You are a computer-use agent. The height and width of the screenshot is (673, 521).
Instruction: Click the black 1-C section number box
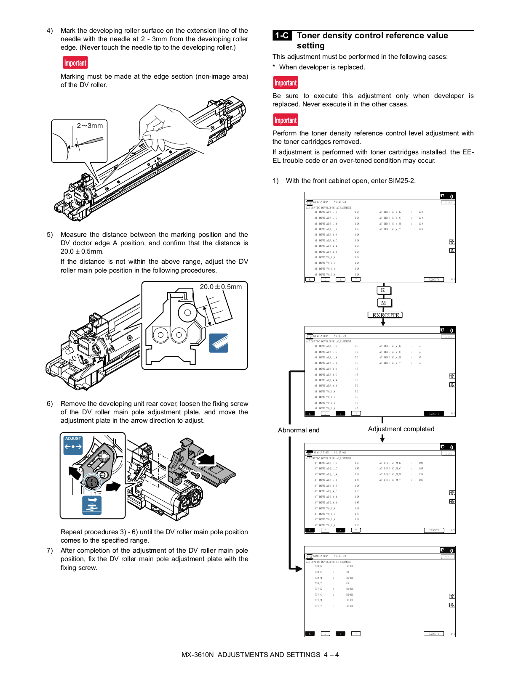(x=282, y=36)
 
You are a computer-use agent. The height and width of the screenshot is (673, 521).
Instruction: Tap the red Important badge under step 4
(x=75, y=63)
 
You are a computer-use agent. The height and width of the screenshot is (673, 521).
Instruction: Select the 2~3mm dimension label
(x=90, y=126)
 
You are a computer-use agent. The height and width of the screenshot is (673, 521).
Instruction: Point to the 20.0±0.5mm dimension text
(x=221, y=287)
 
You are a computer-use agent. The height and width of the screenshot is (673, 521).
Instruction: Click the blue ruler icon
(x=219, y=343)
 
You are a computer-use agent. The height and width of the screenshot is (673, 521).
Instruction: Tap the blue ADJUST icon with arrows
(x=73, y=445)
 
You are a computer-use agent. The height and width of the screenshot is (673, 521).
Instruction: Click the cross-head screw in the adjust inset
(x=92, y=482)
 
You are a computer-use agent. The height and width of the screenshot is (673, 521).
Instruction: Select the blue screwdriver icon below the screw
(x=92, y=505)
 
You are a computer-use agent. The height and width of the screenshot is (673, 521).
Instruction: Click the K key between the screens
(x=383, y=290)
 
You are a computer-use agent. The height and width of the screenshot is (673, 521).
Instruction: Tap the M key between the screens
(x=384, y=302)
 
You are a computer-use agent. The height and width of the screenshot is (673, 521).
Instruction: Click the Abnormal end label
(x=299, y=430)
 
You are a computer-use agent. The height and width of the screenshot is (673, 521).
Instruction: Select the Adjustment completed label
(x=401, y=429)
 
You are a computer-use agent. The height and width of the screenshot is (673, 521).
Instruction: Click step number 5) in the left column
(x=50, y=235)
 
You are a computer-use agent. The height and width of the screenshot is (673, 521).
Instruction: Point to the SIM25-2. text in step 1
(x=402, y=181)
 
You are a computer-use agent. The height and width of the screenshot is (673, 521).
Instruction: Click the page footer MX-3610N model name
(x=198, y=654)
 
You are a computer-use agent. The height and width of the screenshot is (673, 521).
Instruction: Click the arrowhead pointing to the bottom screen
(x=299, y=569)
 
